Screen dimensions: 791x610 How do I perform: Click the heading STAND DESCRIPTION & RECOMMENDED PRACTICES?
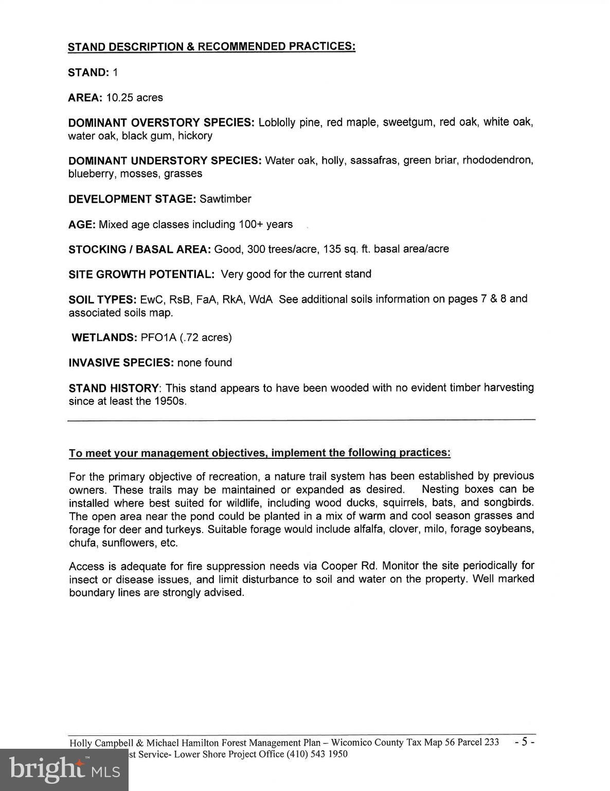211,46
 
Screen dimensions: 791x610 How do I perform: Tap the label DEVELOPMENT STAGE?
132,199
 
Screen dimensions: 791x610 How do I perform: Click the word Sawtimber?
225,199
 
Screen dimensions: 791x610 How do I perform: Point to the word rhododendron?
497,160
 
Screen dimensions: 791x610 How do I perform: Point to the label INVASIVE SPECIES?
121,363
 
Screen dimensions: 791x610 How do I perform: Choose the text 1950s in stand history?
170,401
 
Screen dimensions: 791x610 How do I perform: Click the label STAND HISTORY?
113,388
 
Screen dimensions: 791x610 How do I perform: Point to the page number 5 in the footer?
525,742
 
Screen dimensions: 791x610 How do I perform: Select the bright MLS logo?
64,769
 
